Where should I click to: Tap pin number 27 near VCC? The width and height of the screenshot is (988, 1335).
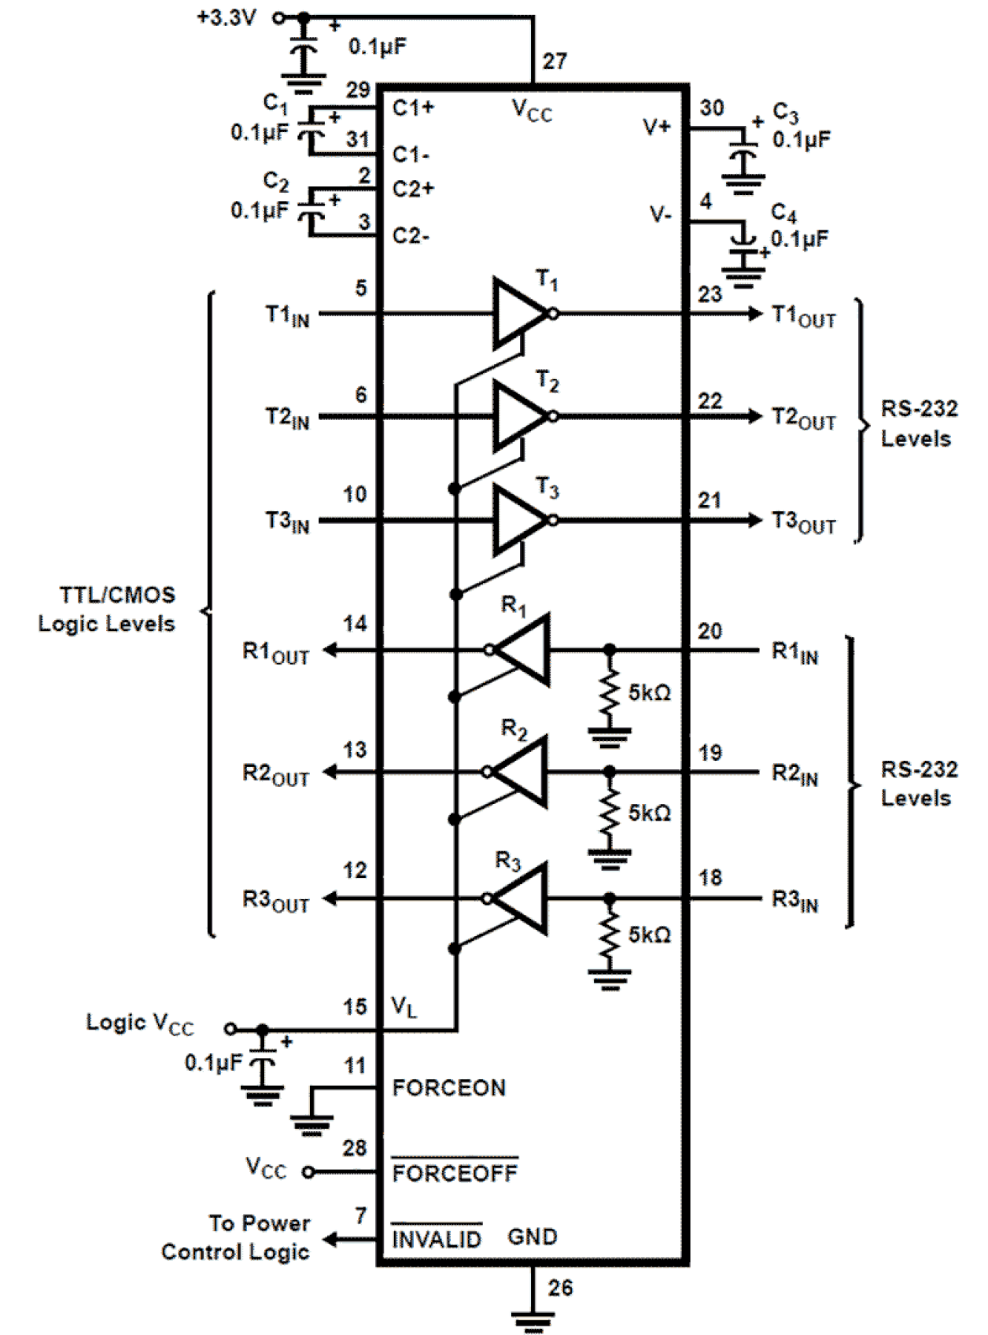coord(555,61)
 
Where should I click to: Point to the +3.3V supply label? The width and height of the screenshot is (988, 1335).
coord(227,17)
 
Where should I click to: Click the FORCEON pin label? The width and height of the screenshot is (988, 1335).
coord(448,1088)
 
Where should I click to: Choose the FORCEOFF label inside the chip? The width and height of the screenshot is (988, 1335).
coord(455,1173)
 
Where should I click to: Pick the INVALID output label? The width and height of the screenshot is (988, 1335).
coord(437,1240)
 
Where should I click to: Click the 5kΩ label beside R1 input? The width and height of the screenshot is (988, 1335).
coord(649,692)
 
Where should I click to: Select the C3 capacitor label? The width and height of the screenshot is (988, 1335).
coord(785,112)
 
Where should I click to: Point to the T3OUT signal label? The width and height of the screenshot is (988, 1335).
coord(803,522)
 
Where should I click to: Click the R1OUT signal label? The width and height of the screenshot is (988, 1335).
coord(275,653)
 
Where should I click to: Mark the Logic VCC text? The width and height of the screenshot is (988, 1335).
coord(139,1023)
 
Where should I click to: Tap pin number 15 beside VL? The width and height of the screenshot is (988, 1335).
coord(355,1007)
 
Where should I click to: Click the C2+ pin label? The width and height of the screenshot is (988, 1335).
coord(413,189)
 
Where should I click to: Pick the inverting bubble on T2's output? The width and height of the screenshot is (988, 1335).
coord(553,416)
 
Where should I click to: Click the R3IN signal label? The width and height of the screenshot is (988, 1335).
coord(794,901)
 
